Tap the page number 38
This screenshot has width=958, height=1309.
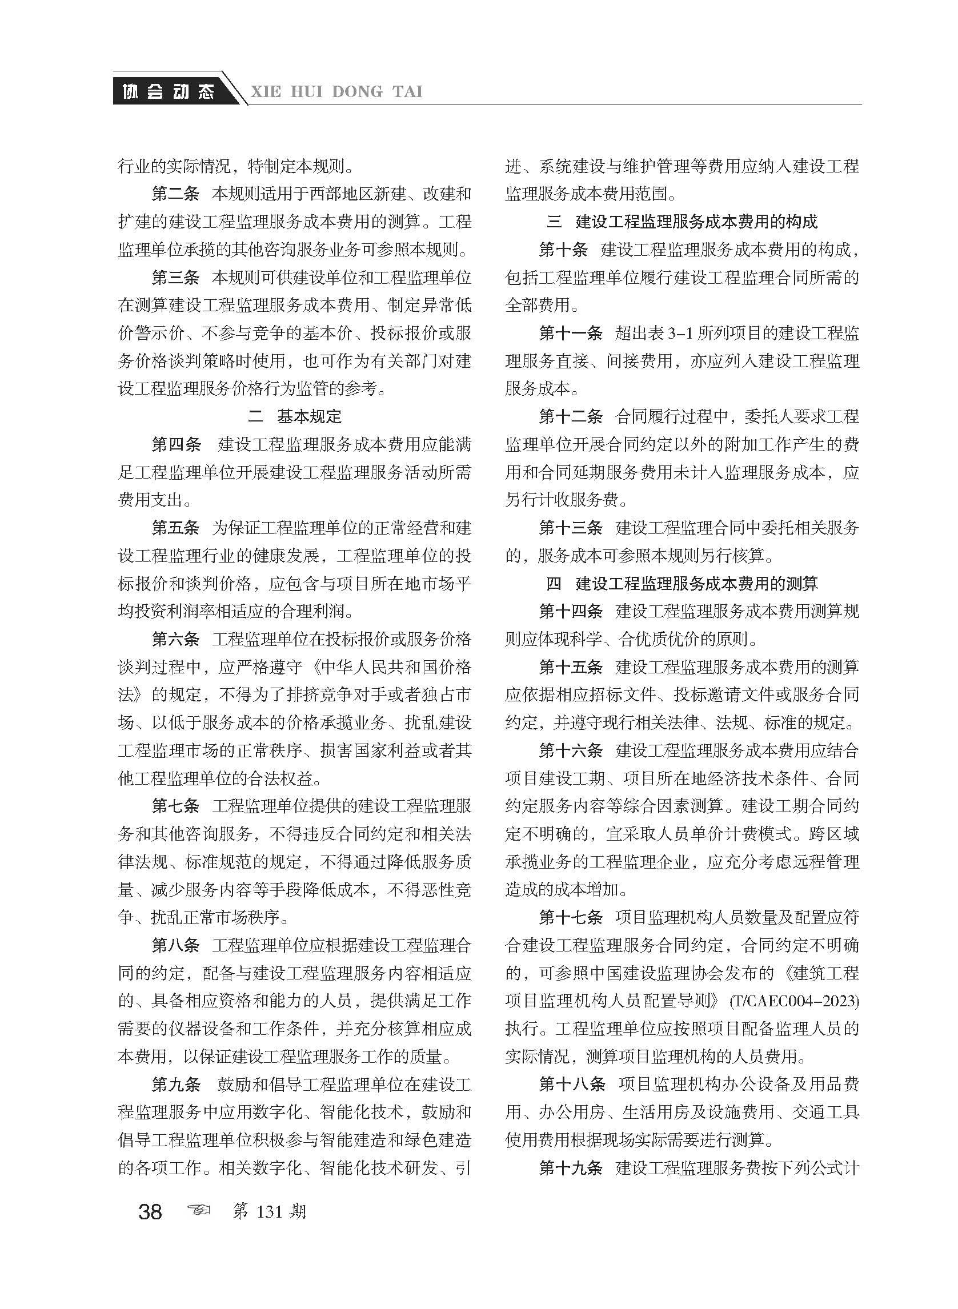click(x=150, y=1212)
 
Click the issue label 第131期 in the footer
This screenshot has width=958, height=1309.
click(x=268, y=1211)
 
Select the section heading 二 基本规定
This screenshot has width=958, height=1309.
click(x=295, y=416)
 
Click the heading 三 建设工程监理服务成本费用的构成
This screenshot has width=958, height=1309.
click(x=682, y=222)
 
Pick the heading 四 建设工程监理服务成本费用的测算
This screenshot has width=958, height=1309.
click(x=682, y=583)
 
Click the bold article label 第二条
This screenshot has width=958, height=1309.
click(x=175, y=194)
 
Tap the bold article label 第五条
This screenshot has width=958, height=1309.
click(x=175, y=528)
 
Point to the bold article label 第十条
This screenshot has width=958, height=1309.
click(x=563, y=250)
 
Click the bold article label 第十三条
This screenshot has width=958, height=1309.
click(x=571, y=528)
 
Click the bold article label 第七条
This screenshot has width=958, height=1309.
click(x=175, y=806)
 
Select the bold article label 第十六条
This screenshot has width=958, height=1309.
click(x=571, y=750)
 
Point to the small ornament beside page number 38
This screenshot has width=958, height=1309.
click(x=198, y=1211)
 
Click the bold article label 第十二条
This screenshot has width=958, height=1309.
click(x=571, y=416)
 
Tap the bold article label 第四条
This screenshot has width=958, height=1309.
click(x=175, y=445)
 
